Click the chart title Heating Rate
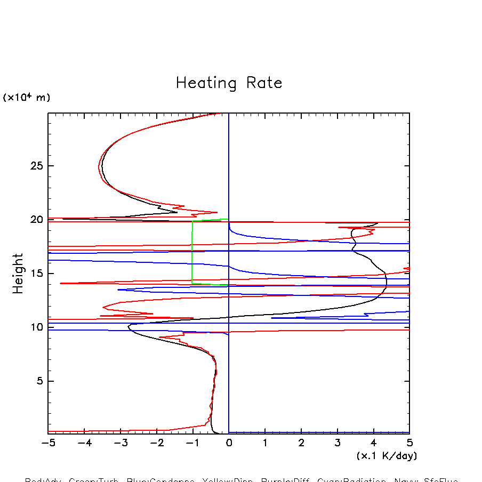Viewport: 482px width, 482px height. click(229, 83)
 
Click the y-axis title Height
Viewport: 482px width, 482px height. click(18, 273)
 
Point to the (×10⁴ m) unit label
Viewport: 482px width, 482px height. click(27, 98)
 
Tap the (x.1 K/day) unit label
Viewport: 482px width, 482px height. click(387, 456)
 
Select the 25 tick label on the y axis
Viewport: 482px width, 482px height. click(35, 166)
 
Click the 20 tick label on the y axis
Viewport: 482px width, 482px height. click(35, 220)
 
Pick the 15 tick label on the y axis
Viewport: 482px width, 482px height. click(35, 274)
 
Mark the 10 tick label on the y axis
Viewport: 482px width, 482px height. click(35, 327)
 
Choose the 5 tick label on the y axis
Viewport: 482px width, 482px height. click(38, 381)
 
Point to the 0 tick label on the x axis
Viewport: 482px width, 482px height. click(229, 443)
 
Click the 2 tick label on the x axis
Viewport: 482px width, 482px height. click(301, 443)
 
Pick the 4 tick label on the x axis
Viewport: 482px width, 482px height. click(373, 443)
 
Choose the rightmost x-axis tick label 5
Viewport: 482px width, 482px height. click(409, 443)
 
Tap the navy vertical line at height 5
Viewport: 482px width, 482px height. click(229, 381)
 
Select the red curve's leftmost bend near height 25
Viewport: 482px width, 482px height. click(99, 167)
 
